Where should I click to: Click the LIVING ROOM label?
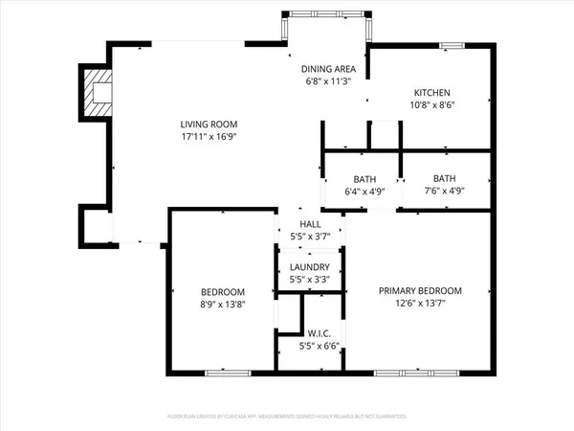click(x=209, y=125)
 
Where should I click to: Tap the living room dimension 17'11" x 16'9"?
click(x=209, y=137)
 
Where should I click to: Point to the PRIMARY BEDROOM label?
click(x=420, y=291)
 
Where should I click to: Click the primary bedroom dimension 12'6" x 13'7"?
click(x=420, y=304)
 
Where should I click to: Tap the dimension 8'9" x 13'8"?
click(x=222, y=304)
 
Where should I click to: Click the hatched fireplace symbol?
click(x=97, y=91)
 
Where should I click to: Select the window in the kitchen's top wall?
click(x=452, y=45)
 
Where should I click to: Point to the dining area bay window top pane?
click(x=324, y=13)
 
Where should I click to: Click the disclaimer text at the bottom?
click(x=287, y=418)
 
